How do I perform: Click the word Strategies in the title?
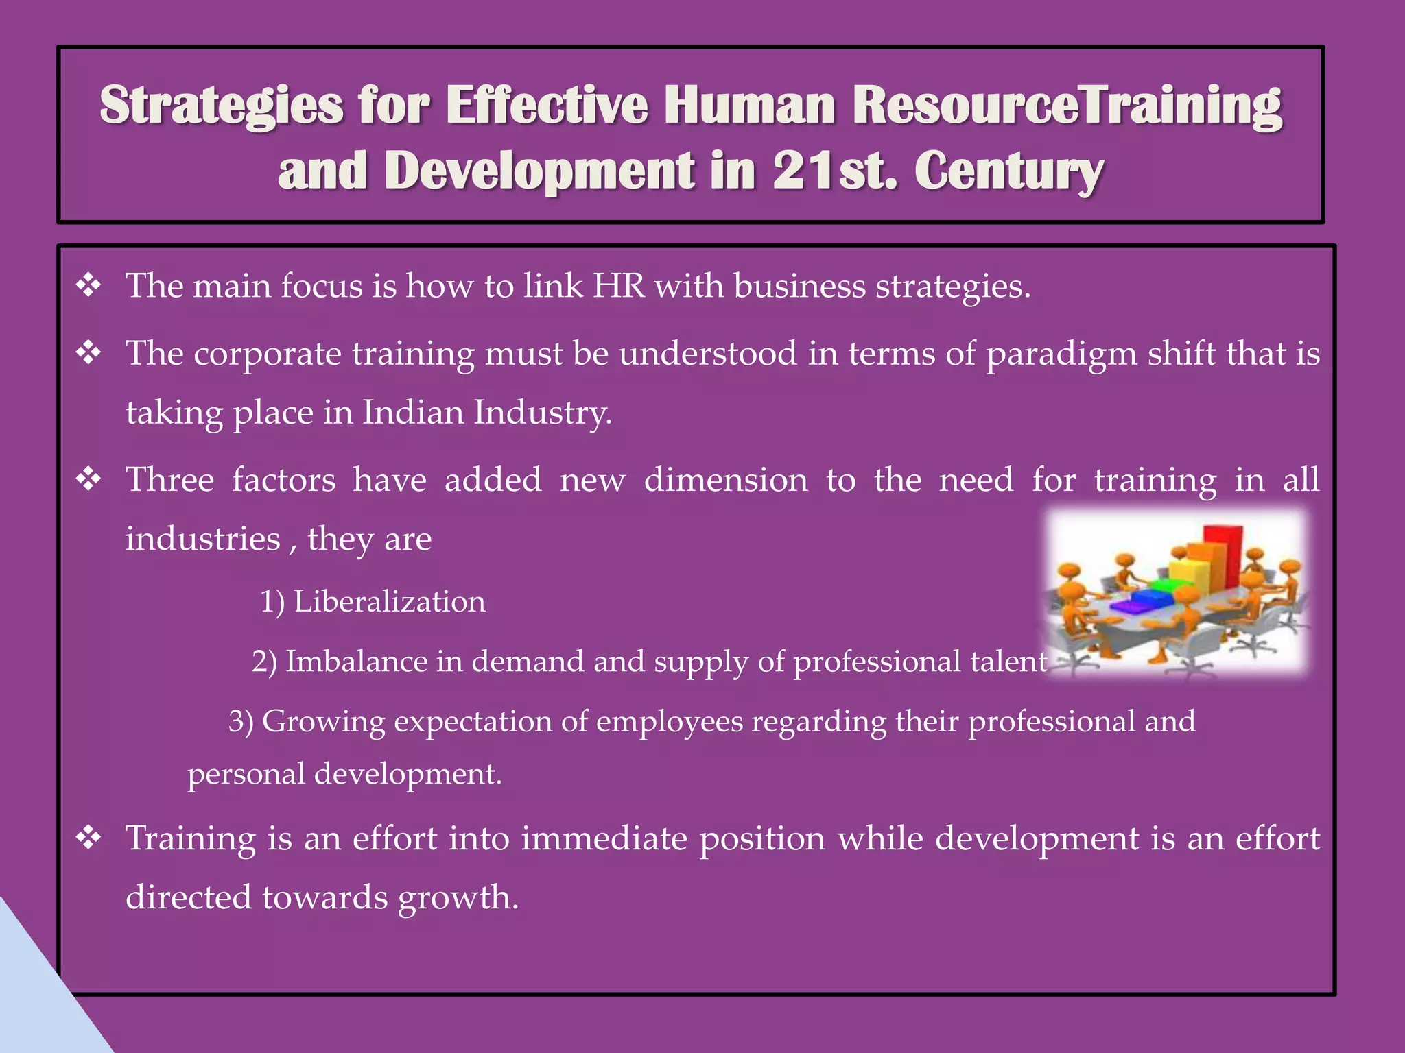click(221, 106)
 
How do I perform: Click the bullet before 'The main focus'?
click(89, 285)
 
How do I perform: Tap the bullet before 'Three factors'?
click(89, 479)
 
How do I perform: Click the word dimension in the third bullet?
click(726, 479)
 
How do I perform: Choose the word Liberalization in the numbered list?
click(389, 602)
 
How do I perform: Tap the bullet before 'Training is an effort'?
click(89, 838)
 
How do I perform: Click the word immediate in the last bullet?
click(604, 838)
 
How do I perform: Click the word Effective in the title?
click(546, 106)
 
